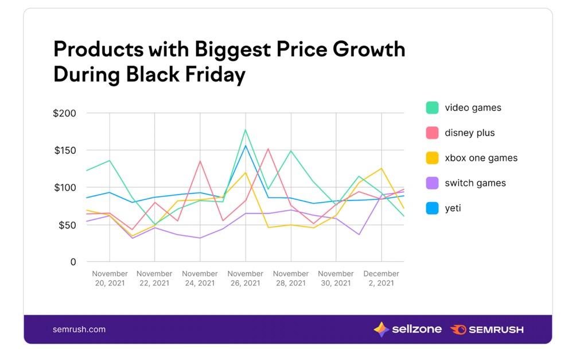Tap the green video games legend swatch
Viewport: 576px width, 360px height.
click(x=432, y=107)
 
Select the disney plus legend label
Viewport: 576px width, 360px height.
click(x=469, y=133)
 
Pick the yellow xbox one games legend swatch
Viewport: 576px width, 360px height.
click(x=432, y=158)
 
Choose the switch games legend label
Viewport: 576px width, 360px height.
click(x=475, y=183)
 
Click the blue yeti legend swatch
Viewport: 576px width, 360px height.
click(x=432, y=208)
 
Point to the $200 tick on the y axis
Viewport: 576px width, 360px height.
click(x=64, y=113)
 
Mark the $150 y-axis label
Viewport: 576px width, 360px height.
click(x=64, y=150)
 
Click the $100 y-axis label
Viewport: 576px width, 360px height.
click(x=64, y=188)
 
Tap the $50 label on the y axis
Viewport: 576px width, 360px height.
click(x=66, y=225)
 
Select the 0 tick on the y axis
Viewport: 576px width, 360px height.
click(x=72, y=262)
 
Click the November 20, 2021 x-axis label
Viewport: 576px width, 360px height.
click(x=109, y=278)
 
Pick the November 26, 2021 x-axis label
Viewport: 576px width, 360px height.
click(x=245, y=278)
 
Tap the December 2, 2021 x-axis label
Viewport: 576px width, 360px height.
click(x=381, y=278)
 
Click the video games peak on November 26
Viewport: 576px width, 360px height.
click(x=246, y=130)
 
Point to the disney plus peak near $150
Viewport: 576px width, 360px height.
click(x=268, y=149)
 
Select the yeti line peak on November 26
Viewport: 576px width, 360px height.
click(x=246, y=146)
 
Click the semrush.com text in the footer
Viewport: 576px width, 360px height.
click(x=79, y=330)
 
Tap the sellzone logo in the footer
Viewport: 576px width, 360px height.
click(x=407, y=330)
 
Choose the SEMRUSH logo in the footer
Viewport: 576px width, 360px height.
click(x=487, y=330)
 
